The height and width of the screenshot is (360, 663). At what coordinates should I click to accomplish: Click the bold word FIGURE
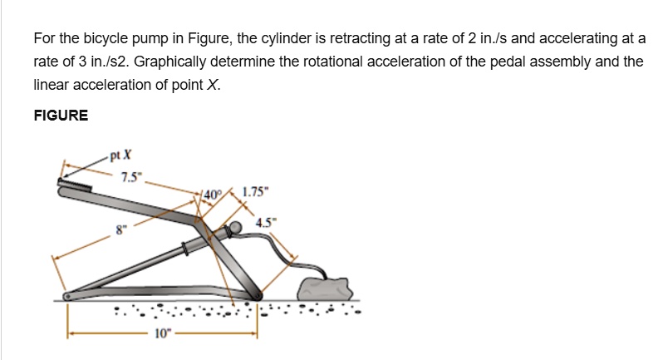pos(61,116)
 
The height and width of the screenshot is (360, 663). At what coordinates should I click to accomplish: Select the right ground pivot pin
pos(256,294)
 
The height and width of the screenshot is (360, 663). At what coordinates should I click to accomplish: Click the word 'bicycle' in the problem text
pos(101,38)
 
